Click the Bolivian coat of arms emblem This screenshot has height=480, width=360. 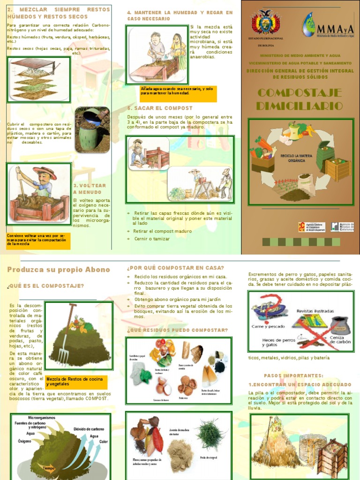tap(265, 23)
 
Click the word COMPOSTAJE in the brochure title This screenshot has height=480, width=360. tap(300, 92)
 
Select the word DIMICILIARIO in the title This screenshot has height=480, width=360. tap(300, 106)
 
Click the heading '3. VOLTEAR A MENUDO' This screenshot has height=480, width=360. tap(90, 189)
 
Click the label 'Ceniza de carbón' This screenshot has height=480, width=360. tap(337, 340)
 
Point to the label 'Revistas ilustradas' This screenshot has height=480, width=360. tap(315, 311)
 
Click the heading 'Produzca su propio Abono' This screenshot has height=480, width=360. tap(59, 270)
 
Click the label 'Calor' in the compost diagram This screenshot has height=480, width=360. tap(104, 442)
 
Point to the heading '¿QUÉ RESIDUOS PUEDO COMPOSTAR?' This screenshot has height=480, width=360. tap(177, 330)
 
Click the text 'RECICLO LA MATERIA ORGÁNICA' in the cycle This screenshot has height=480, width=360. tap(293, 157)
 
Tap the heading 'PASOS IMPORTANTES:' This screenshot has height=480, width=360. tap(293, 375)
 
